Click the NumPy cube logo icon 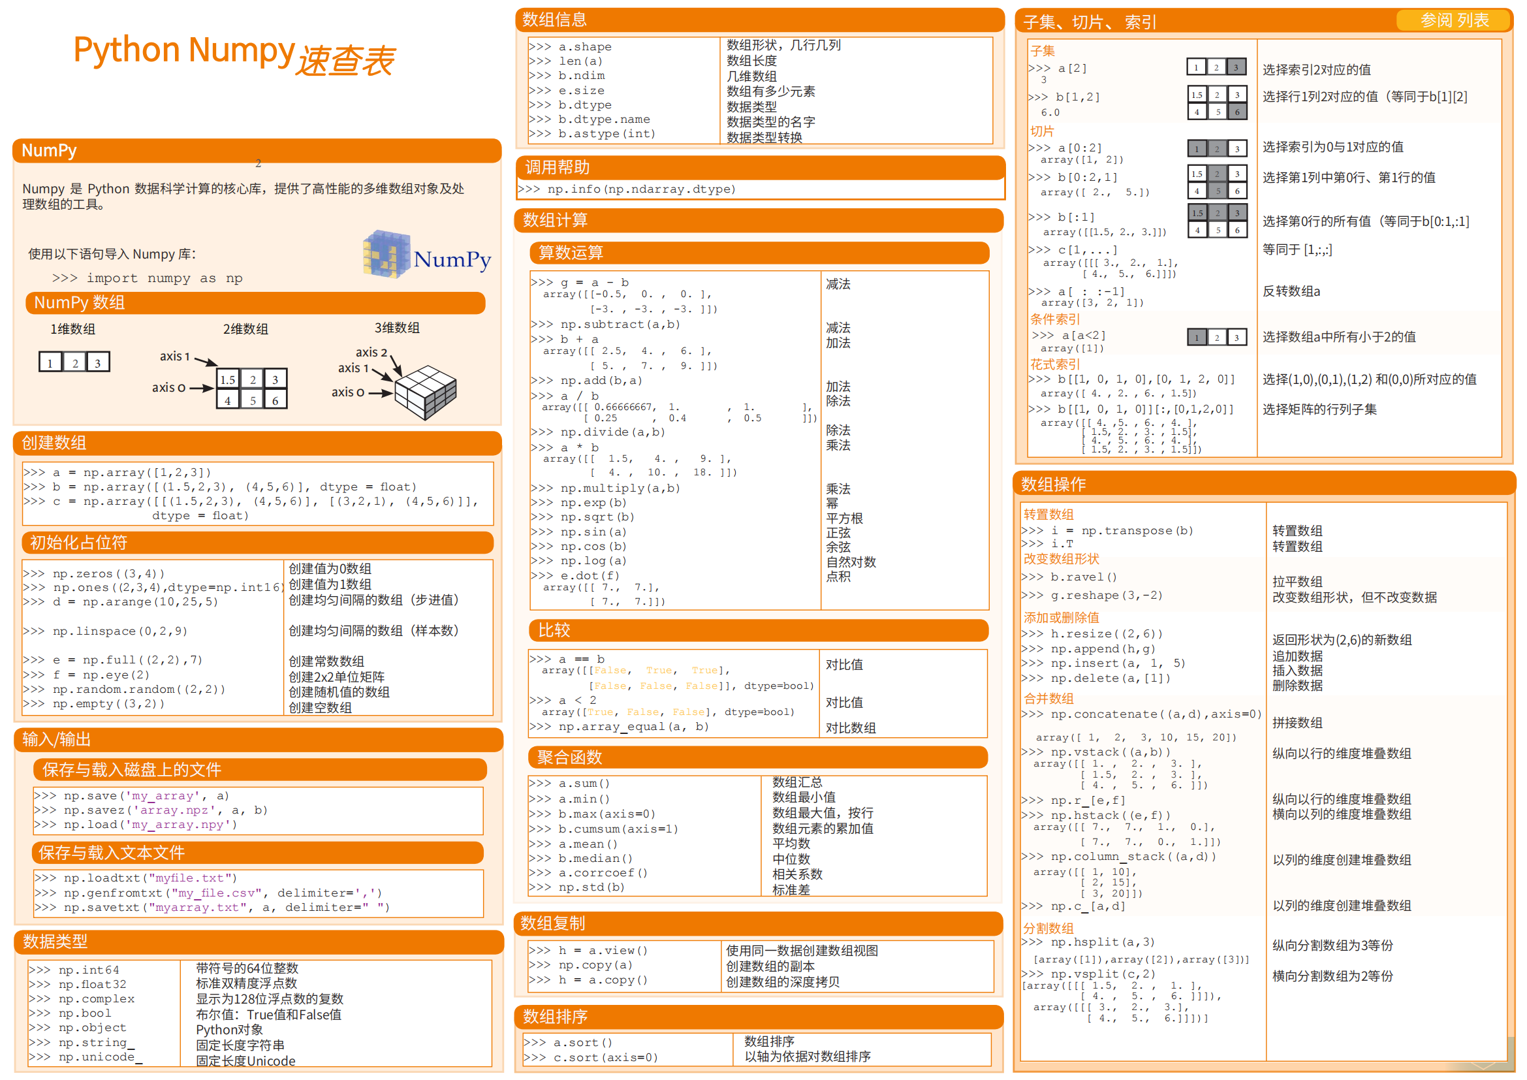coord(386,254)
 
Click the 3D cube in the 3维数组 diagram coord(426,392)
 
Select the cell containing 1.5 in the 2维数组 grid coord(228,380)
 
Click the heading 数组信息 coord(554,20)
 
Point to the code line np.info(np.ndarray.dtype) coord(641,189)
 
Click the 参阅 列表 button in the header coord(1454,21)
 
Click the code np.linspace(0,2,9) coord(119,631)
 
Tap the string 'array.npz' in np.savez coord(177,810)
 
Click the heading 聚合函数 coord(569,757)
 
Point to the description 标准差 coord(791,890)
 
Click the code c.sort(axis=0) coord(605,1057)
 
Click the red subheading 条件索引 coord(1055,319)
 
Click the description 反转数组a coord(1291,291)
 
